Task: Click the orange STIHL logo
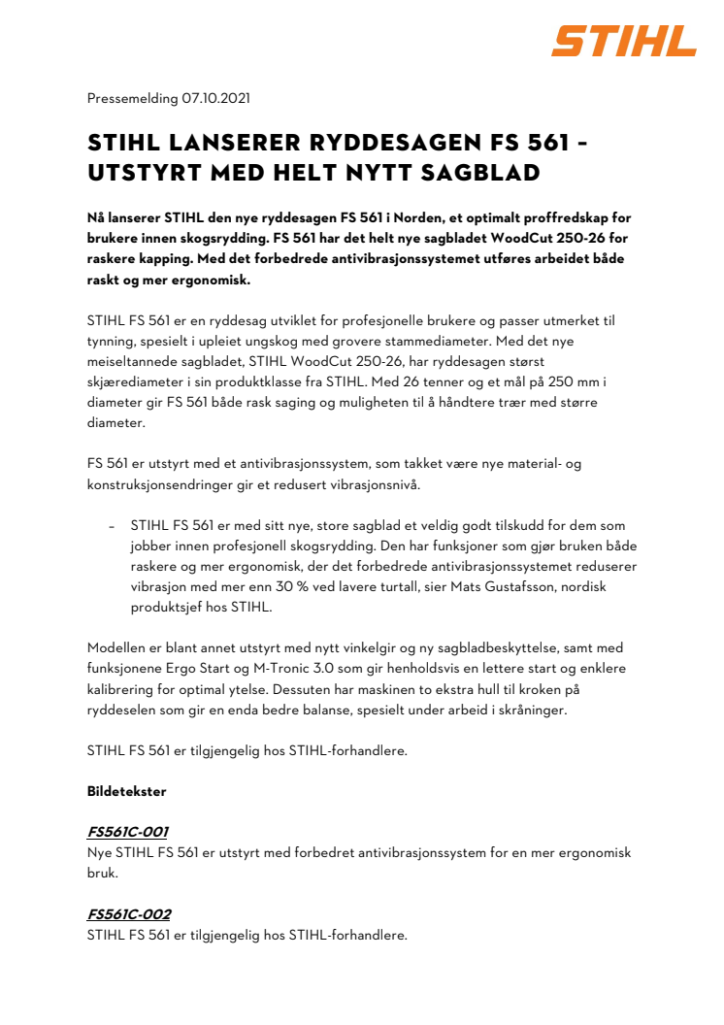[624, 42]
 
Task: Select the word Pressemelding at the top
[132, 98]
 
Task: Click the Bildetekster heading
[126, 791]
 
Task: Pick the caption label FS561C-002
[129, 915]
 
